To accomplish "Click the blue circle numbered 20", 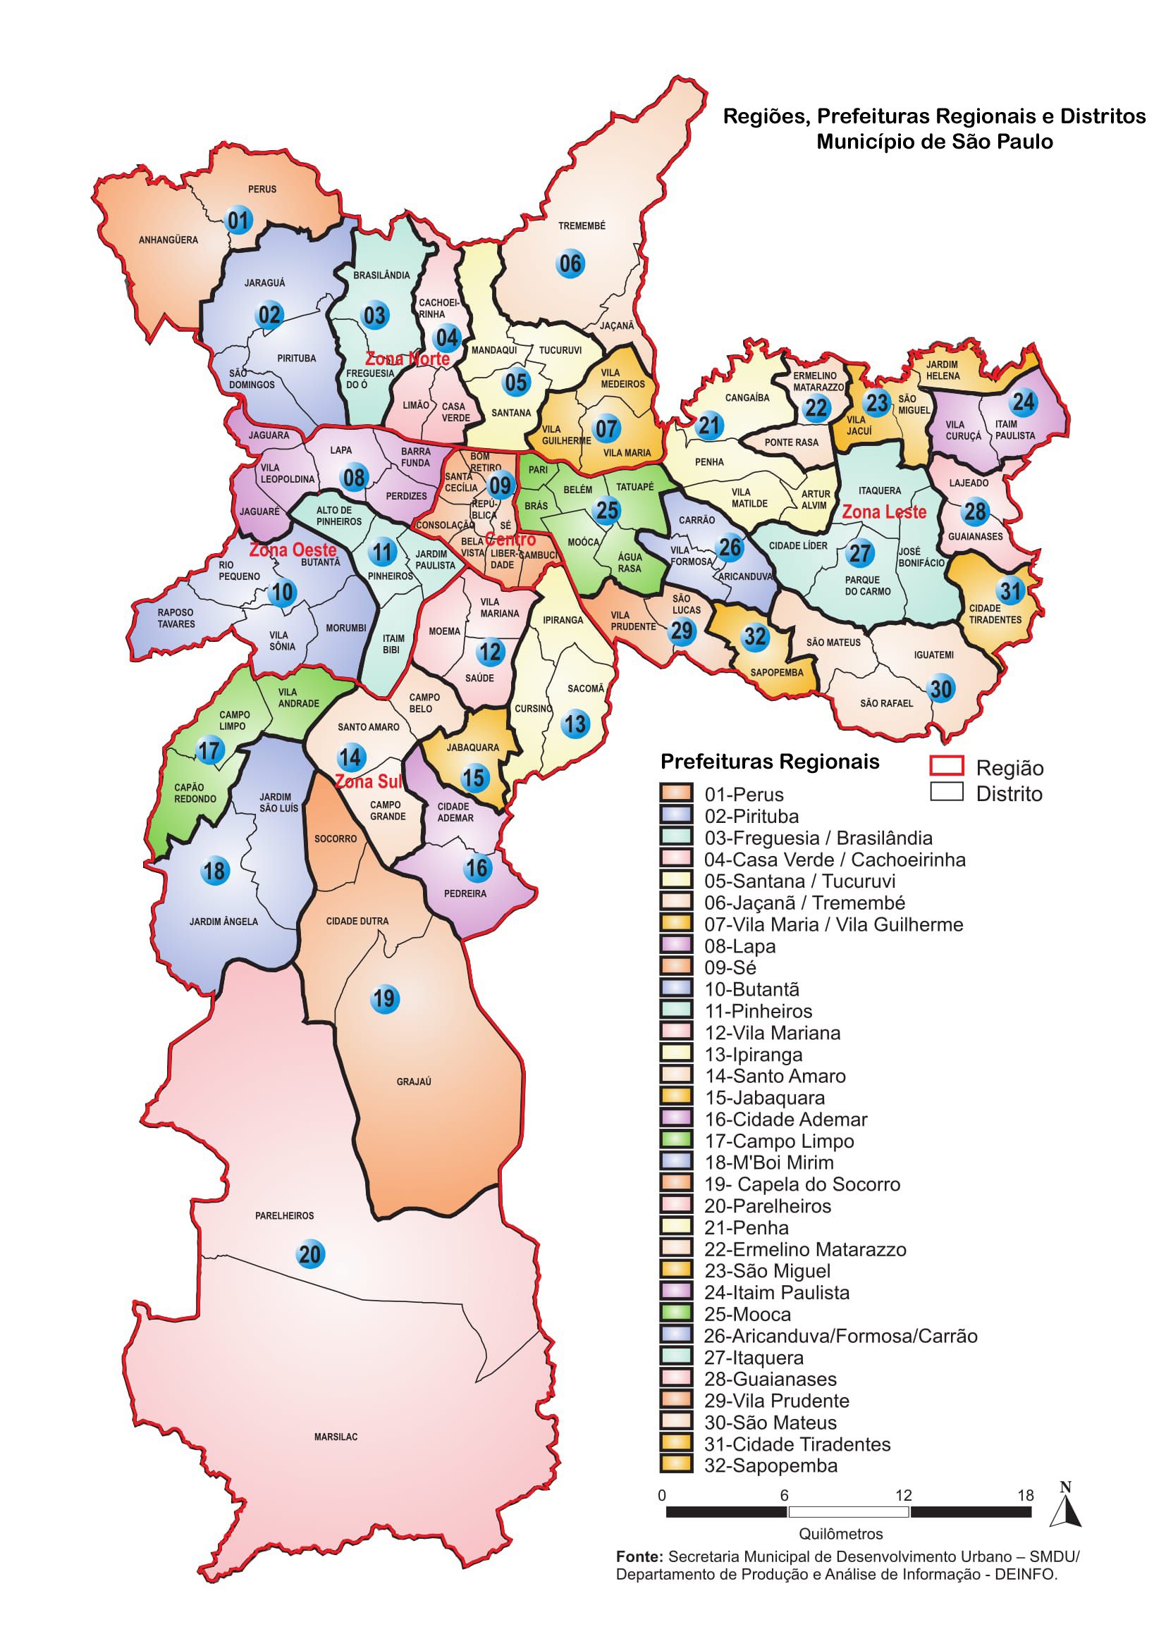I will (309, 1254).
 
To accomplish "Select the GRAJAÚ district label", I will (414, 1081).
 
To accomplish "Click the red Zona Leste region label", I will (884, 512).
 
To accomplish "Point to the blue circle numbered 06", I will (570, 264).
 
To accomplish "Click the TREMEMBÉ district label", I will (582, 225).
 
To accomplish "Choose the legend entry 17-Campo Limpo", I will (778, 1141).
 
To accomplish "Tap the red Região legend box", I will (945, 766).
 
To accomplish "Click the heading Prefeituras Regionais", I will (770, 762).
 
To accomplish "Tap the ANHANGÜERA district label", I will (168, 240).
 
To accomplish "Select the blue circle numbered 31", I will (1010, 590).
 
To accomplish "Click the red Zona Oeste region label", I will (293, 550).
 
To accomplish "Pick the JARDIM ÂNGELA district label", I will (223, 921).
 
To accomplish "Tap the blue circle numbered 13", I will (575, 724).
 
